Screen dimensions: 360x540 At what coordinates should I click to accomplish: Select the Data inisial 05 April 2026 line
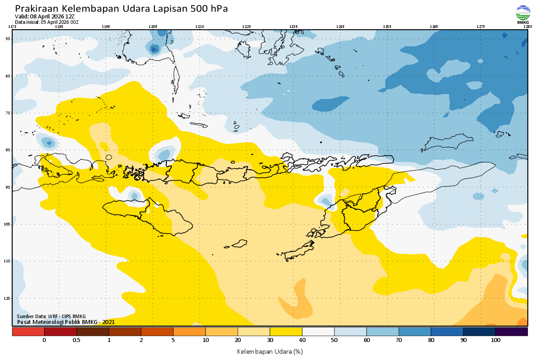47,22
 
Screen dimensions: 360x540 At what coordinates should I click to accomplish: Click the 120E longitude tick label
153,27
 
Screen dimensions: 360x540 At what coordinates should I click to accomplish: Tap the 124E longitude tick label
340,27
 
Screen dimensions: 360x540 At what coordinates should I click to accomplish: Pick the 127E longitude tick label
481,27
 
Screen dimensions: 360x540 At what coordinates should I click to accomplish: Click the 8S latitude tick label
8,150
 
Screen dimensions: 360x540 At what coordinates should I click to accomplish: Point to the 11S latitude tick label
8,261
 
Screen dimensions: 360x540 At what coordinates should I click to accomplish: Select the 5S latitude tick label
8,39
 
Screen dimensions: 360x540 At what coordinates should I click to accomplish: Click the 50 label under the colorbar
334,340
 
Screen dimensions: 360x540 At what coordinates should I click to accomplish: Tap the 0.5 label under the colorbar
76,340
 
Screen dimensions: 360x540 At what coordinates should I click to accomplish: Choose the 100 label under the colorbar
495,340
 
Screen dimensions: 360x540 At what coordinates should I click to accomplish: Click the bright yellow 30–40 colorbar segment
286,332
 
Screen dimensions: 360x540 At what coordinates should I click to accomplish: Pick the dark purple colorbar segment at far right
511,332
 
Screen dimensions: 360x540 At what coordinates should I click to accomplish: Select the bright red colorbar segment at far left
28,332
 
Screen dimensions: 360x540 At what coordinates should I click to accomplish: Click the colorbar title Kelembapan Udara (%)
270,351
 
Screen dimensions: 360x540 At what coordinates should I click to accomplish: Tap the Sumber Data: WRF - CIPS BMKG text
51,316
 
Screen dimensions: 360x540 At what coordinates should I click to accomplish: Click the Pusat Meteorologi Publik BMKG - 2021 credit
66,322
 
